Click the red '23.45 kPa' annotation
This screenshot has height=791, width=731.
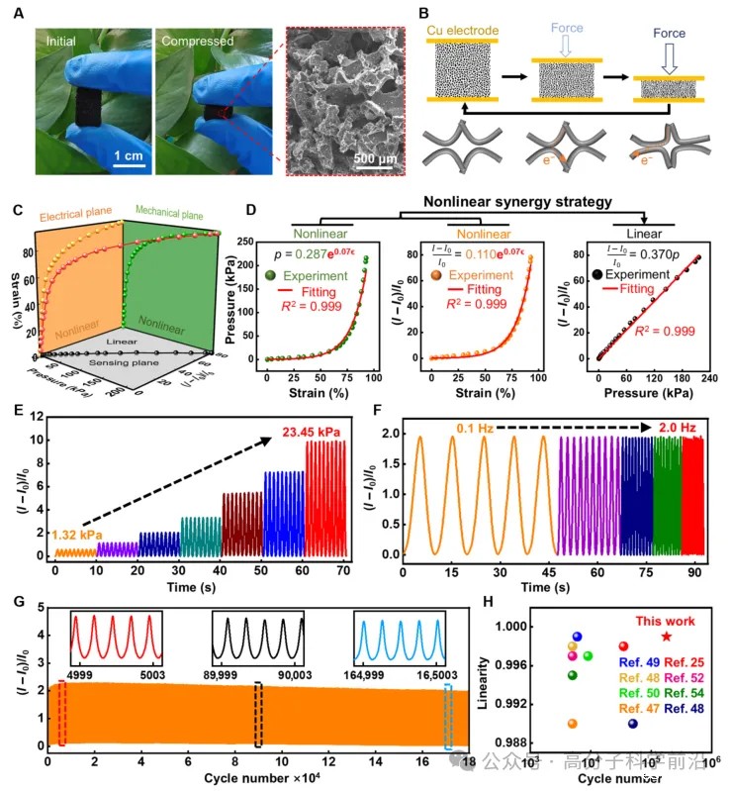(311, 431)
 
